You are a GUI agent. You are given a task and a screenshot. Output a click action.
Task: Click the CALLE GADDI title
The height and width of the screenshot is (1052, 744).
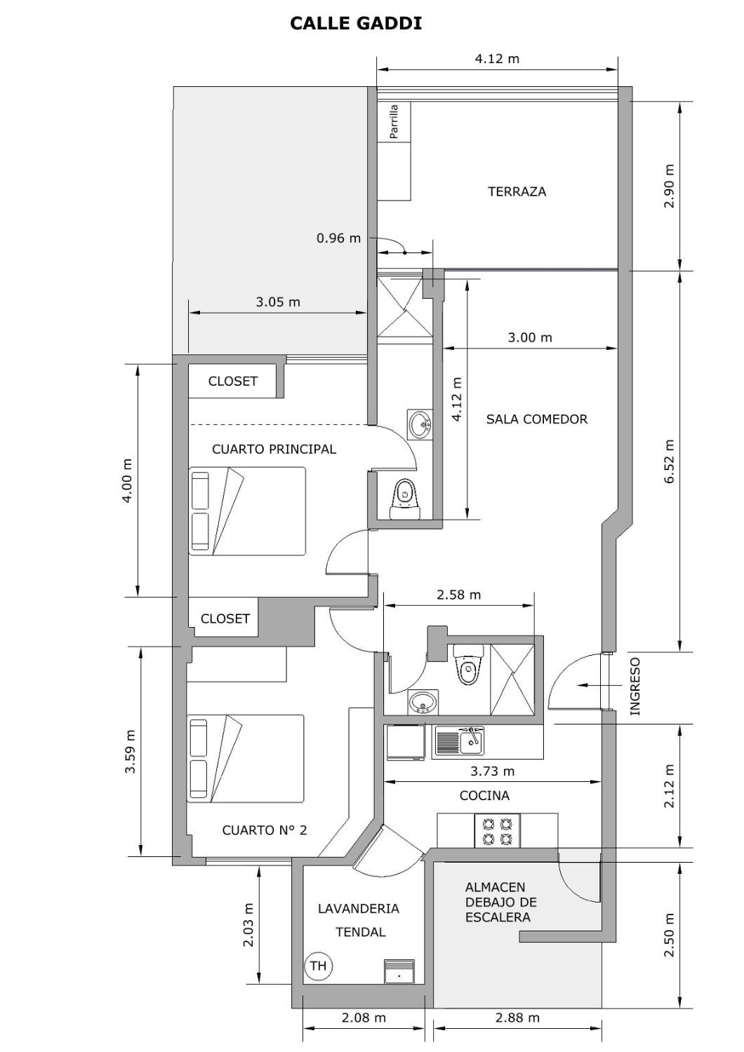click(355, 23)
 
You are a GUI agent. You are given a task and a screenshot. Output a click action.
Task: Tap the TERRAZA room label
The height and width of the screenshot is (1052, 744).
click(517, 191)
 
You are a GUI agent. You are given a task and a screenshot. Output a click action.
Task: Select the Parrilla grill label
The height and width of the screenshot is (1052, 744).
click(394, 121)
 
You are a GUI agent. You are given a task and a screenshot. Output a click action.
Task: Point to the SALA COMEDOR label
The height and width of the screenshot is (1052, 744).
click(537, 419)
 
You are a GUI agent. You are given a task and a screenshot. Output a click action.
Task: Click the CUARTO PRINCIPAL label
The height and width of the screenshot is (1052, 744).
click(274, 449)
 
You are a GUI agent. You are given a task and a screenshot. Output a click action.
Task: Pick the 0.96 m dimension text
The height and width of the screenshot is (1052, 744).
click(338, 238)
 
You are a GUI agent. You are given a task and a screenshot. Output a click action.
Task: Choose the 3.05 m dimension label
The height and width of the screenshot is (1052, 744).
click(278, 302)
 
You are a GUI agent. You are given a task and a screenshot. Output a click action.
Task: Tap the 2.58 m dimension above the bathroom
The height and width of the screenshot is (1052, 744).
click(459, 595)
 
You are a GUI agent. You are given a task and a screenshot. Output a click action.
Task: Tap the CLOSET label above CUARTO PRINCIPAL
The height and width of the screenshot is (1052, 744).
click(232, 381)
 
